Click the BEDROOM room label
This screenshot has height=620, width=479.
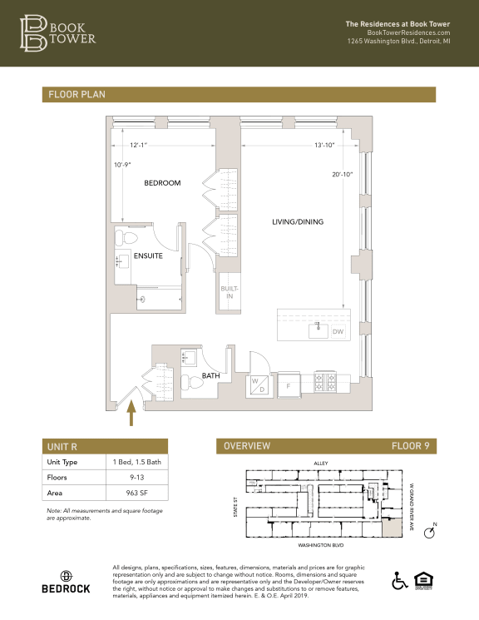[x=162, y=183]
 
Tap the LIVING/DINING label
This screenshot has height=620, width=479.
[x=298, y=221]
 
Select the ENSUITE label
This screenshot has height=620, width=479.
[x=148, y=256]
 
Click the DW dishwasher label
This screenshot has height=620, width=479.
[x=338, y=331]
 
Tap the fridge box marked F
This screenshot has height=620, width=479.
[x=289, y=385]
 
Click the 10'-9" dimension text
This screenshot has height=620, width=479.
[x=123, y=165]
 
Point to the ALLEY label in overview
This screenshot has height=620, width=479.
[x=322, y=463]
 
